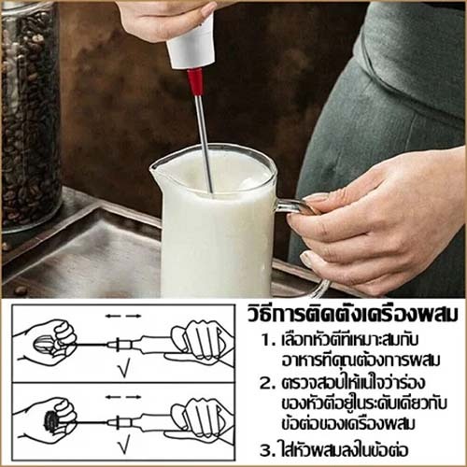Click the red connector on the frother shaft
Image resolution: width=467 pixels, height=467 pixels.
point(196,81)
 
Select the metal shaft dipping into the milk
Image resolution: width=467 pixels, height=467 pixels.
point(204,143)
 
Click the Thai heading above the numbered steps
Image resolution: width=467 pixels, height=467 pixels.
point(353,315)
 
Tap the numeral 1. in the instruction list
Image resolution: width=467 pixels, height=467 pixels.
point(269,341)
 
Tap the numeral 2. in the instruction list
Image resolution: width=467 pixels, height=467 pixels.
point(268,384)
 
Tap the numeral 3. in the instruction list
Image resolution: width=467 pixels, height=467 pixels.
point(267,451)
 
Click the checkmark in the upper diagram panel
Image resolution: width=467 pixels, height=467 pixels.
point(124,370)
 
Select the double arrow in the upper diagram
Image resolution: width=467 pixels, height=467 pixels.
point(123,317)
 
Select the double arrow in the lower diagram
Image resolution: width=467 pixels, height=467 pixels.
point(123,397)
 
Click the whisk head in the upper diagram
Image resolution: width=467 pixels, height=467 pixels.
point(44,345)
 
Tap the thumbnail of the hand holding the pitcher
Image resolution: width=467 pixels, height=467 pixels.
point(308,259)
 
